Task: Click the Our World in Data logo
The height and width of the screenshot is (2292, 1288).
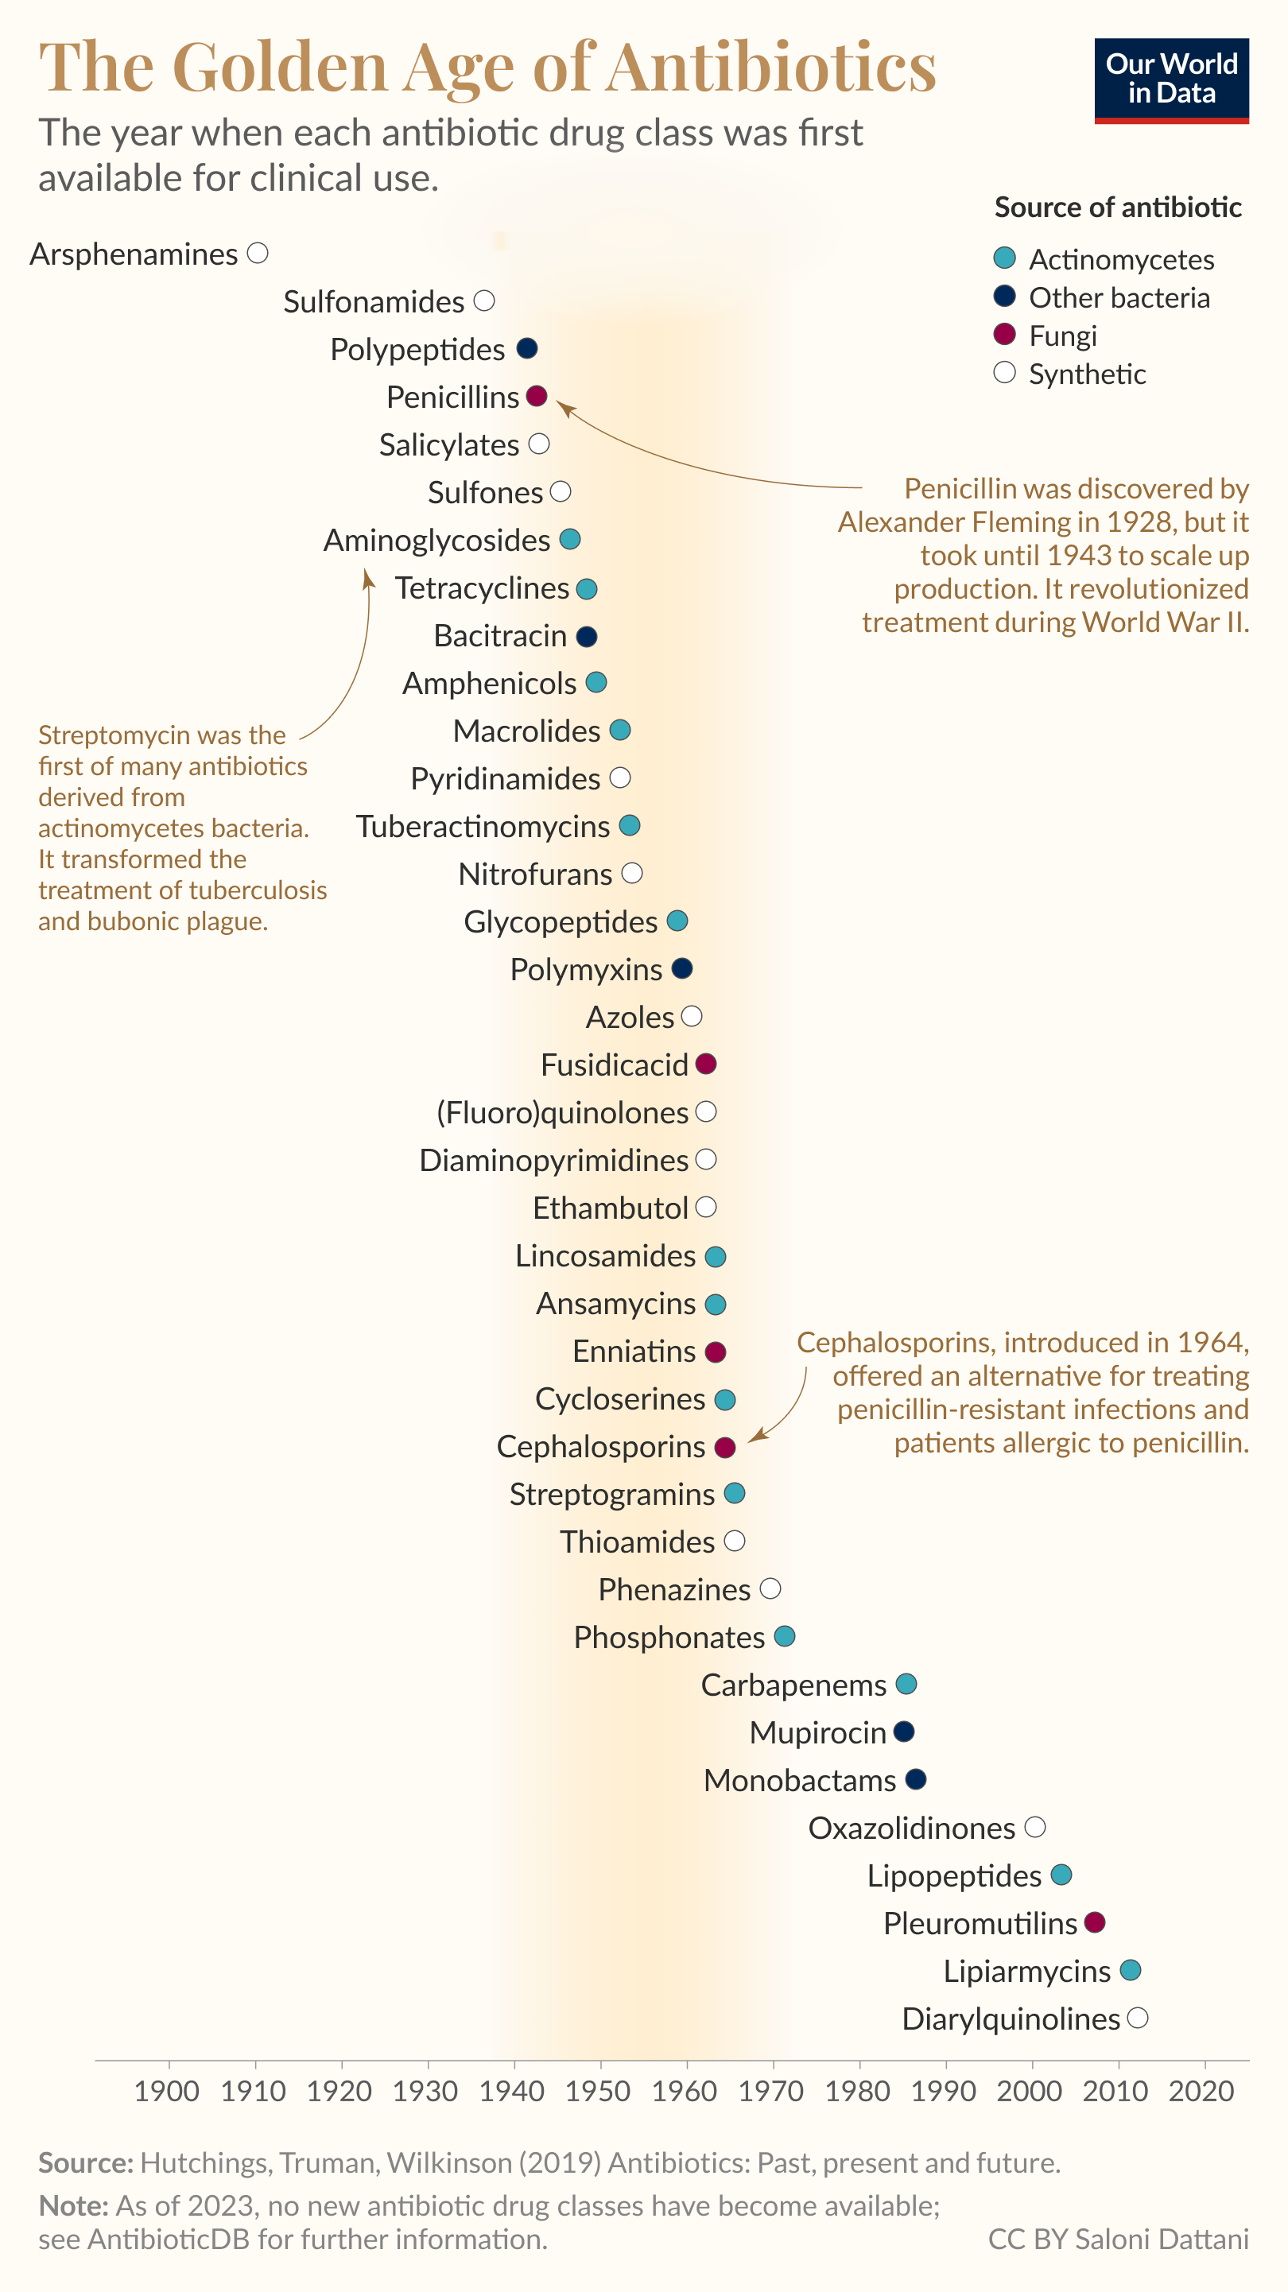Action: [1170, 80]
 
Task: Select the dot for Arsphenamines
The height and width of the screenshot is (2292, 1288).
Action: [258, 254]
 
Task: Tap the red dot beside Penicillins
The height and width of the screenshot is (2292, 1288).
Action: [536, 396]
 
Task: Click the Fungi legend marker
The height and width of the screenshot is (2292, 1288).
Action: [1004, 335]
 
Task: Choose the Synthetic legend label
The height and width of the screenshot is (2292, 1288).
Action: [1087, 374]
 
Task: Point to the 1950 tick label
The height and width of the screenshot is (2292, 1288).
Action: [598, 2090]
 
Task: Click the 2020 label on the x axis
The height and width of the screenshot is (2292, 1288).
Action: [1201, 2090]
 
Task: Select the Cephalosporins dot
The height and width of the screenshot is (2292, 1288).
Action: [725, 1448]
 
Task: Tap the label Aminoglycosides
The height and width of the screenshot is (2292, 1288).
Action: [436, 540]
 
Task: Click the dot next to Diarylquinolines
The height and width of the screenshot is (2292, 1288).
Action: [1138, 2019]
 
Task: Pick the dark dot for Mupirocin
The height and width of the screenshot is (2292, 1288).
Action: [903, 1732]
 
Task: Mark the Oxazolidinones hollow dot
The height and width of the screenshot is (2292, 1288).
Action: [1034, 1828]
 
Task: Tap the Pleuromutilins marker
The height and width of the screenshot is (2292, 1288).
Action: [1095, 1923]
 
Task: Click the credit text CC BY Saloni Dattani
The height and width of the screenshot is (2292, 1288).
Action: [1118, 2239]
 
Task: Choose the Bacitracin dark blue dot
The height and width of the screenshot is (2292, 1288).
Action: [587, 636]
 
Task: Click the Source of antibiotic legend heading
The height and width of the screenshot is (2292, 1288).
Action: [1118, 207]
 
